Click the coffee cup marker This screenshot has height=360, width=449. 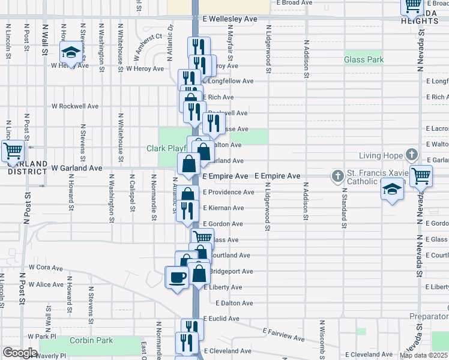(x=177, y=277)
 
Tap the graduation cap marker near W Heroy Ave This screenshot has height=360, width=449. (x=71, y=52)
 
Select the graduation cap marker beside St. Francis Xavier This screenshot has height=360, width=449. (x=393, y=189)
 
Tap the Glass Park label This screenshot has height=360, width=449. (x=364, y=59)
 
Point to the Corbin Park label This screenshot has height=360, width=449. (x=91, y=340)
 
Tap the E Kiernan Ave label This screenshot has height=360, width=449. (x=223, y=208)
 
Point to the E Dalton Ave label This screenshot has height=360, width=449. (x=234, y=303)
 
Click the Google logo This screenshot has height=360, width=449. (x=20, y=353)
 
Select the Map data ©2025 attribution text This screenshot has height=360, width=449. (x=423, y=355)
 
